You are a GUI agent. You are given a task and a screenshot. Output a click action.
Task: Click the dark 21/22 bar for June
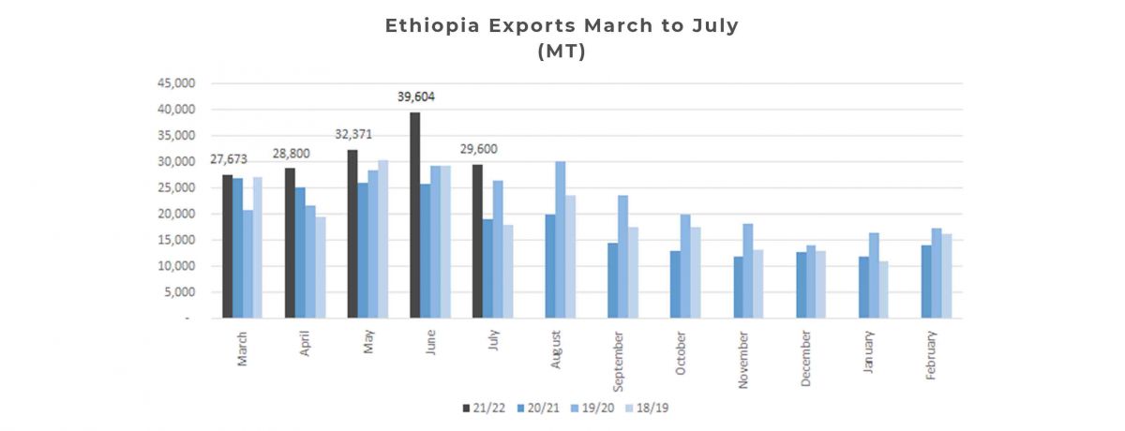click(x=414, y=215)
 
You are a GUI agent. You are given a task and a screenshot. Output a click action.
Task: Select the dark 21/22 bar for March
click(x=227, y=246)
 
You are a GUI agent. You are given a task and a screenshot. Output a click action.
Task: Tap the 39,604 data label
click(x=414, y=97)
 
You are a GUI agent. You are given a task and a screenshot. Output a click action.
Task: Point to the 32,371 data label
click(x=353, y=134)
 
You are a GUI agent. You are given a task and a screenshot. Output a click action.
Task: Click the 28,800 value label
click(x=291, y=153)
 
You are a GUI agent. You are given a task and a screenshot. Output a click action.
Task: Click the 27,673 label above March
click(x=228, y=159)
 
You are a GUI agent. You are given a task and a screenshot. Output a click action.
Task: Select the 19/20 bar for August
click(x=561, y=240)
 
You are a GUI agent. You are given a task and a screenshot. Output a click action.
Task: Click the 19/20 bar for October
click(x=685, y=266)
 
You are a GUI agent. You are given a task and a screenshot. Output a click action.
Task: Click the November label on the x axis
click(x=742, y=355)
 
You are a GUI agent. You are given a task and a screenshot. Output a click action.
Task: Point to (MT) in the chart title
click(x=562, y=52)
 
